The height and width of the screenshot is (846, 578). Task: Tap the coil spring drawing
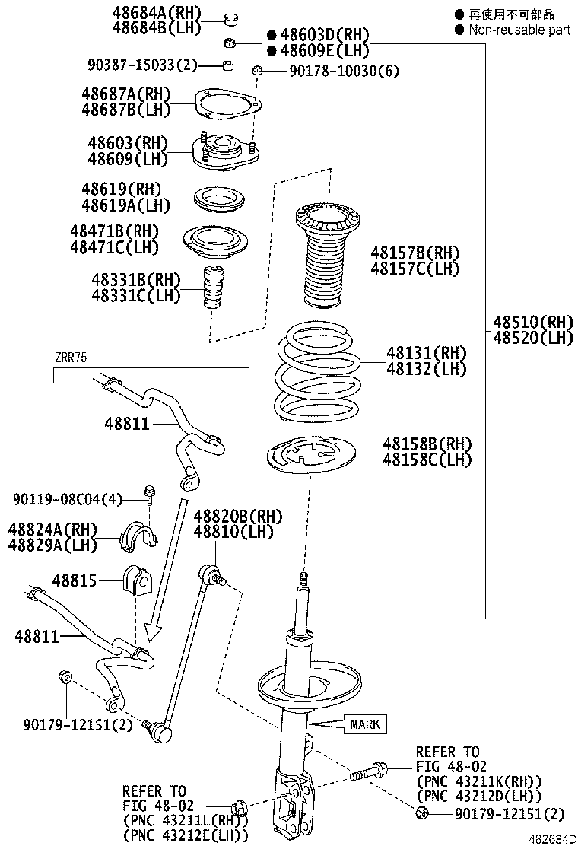coord(315,374)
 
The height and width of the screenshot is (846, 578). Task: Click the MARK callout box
coord(366,724)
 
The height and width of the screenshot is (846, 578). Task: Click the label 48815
coord(75,580)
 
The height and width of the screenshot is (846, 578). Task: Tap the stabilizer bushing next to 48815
coord(137,583)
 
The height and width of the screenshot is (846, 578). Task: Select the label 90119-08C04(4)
coord(67,499)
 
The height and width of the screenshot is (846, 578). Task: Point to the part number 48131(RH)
coord(426,353)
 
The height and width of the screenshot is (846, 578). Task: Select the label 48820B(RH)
coord(237,517)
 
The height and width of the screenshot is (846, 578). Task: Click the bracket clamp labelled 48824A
coord(138,536)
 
